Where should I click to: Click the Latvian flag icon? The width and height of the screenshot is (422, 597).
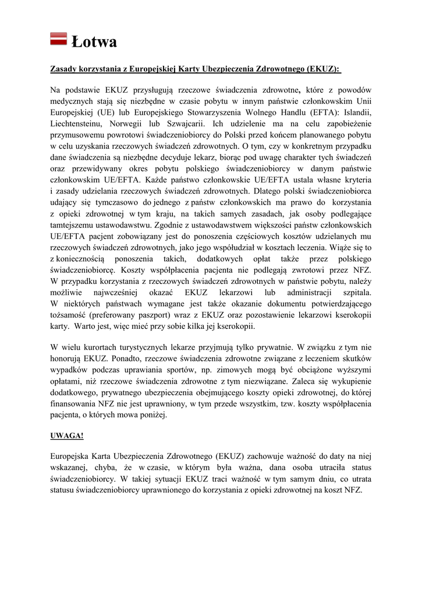tap(58, 39)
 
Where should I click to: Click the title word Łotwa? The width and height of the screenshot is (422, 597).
tap(94, 41)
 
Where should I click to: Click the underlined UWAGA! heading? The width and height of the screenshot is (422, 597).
tap(67, 435)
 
